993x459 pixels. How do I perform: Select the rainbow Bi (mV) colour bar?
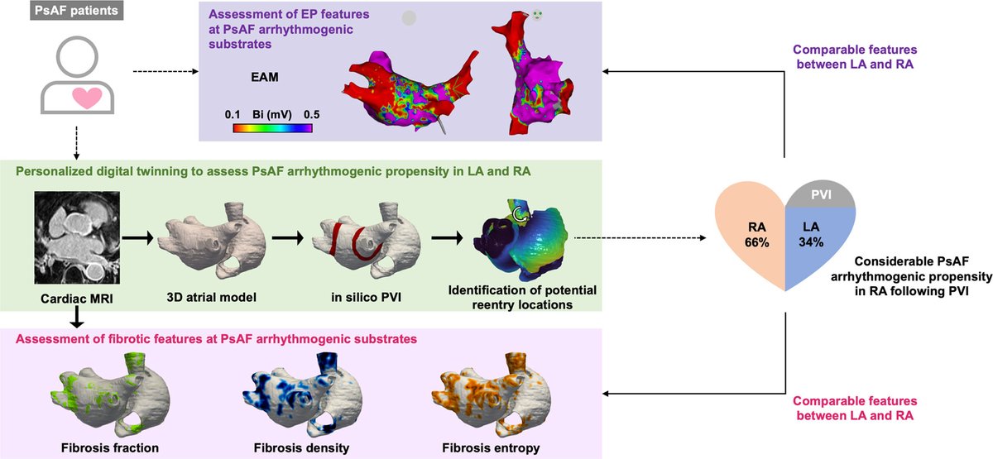271,127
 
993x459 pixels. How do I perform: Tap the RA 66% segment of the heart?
746,237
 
